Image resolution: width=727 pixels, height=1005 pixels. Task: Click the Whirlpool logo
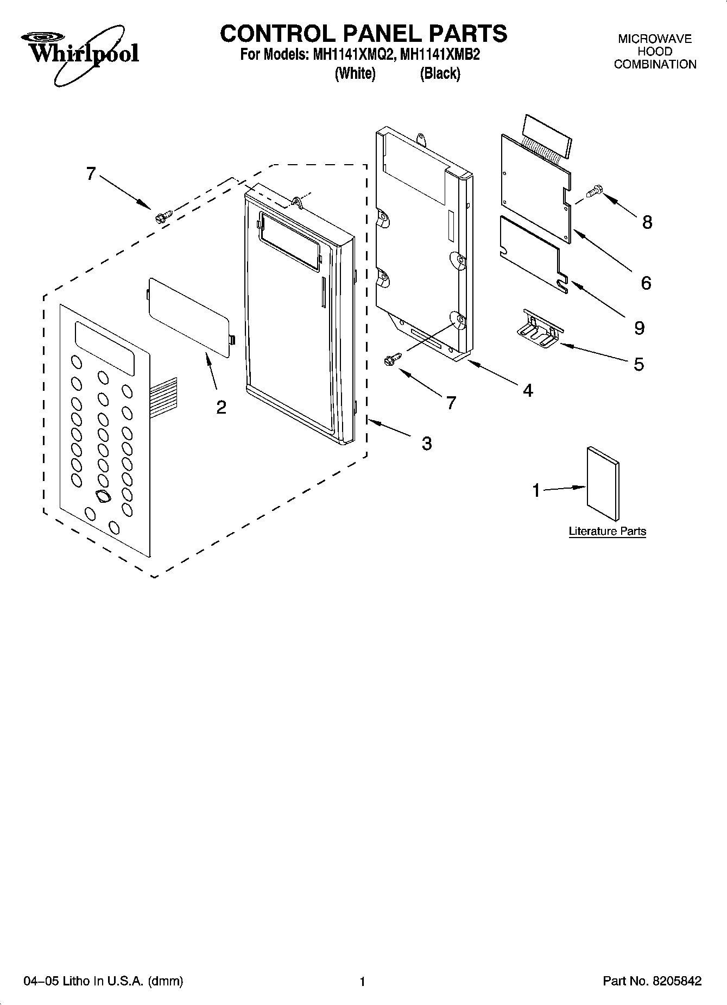[80, 55]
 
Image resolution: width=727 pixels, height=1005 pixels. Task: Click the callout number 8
[647, 222]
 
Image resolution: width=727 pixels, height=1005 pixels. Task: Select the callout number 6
[646, 283]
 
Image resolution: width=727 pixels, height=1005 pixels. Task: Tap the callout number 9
[640, 328]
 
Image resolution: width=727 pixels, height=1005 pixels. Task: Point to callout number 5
[639, 364]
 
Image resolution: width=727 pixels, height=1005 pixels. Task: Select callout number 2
[221, 407]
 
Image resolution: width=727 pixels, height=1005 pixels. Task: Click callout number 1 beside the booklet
[536, 490]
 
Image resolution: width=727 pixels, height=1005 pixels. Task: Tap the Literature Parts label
[607, 531]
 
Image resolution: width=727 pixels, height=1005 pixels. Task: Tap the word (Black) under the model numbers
[440, 73]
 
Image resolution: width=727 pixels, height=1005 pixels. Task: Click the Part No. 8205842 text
[652, 981]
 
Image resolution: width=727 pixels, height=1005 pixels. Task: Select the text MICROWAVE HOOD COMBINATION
[655, 52]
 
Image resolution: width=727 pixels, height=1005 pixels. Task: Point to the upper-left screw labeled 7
[161, 216]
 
